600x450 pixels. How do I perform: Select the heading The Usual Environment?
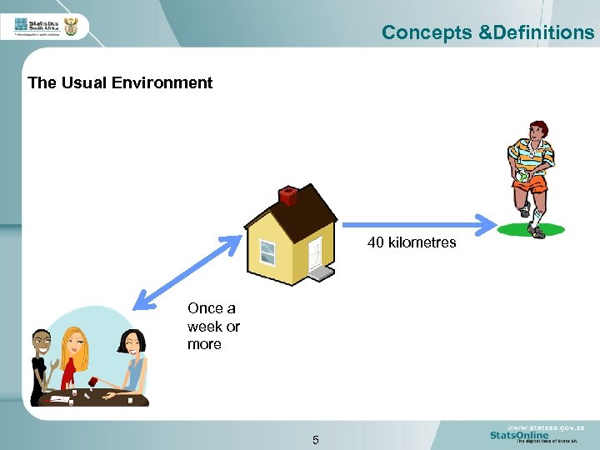click(x=120, y=82)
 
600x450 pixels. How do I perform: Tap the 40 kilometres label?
click(x=412, y=242)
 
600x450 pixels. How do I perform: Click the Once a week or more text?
click(x=213, y=326)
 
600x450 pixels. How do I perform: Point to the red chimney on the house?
click(x=288, y=196)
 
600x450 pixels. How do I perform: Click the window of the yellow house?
click(x=267, y=252)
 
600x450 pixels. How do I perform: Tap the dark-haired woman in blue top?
click(x=132, y=358)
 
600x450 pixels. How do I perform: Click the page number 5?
click(x=316, y=440)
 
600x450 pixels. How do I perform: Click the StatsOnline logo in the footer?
click(x=518, y=435)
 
